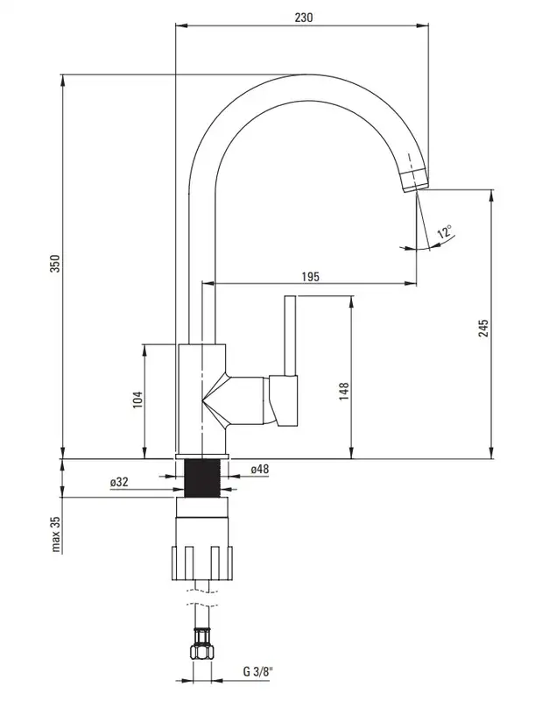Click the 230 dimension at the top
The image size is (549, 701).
[x=304, y=18]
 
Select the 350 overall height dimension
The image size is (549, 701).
[x=54, y=264]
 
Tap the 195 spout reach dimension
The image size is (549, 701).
[x=310, y=277]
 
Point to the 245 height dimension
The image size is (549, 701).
[x=483, y=328]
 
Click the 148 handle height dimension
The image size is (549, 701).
[x=344, y=391]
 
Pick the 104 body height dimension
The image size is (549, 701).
[x=137, y=400]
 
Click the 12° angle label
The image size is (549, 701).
[x=445, y=232]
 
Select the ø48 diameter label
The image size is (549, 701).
[x=259, y=469]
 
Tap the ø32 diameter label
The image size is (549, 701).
[x=119, y=482]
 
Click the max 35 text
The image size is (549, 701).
[x=55, y=535]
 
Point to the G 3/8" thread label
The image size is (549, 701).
[x=257, y=671]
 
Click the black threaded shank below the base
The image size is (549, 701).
[x=202, y=478]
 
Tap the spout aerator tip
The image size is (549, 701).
[x=414, y=181]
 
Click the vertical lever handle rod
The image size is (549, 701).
[x=291, y=335]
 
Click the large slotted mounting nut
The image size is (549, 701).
[x=202, y=563]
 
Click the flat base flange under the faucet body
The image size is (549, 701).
[x=202, y=457]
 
